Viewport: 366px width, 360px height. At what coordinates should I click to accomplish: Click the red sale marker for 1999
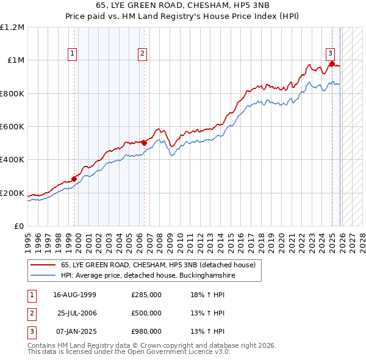point(74,179)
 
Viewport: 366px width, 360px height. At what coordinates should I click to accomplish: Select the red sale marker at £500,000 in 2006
point(144,143)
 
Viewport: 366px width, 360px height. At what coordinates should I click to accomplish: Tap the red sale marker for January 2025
point(331,63)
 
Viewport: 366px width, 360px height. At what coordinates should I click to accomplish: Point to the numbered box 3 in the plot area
point(329,52)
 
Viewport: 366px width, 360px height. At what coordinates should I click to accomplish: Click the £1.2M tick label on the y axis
point(12,27)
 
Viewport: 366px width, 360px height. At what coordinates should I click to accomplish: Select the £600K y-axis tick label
point(12,127)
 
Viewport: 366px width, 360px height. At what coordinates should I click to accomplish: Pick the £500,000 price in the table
point(146,313)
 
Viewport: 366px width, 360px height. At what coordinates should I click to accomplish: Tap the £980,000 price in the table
point(146,331)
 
